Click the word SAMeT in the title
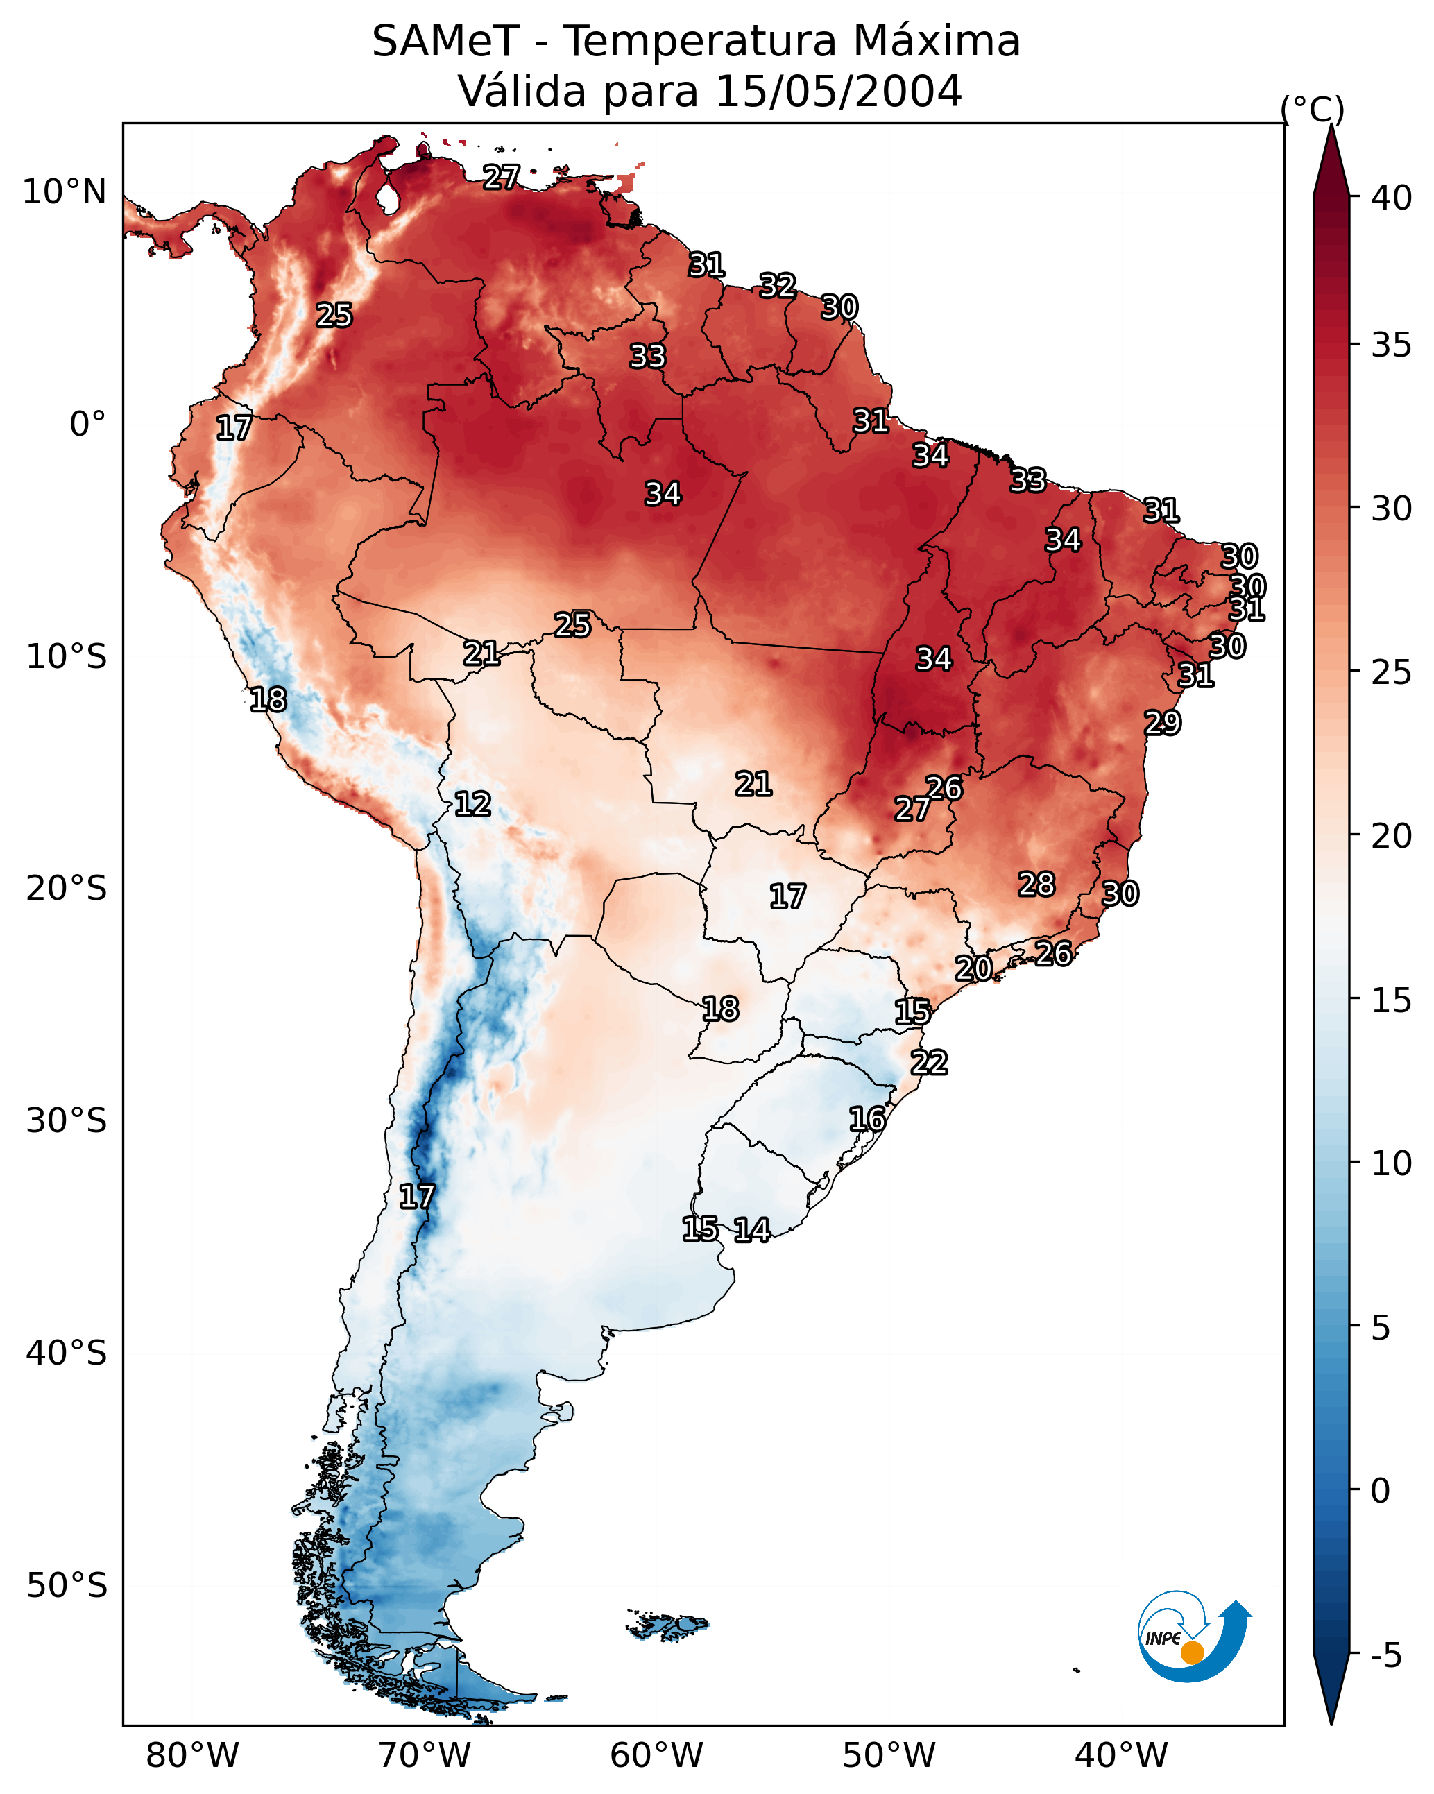445,42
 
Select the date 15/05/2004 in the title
838,92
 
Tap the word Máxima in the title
937,42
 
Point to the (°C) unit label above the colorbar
1313,109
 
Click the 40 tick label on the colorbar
1392,198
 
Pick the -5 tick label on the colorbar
1387,1656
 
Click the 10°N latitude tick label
64,192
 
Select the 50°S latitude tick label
67,1586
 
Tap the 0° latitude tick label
88,425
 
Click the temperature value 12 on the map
472,804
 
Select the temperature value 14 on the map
751,1230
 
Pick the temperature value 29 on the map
1162,722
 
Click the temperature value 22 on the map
929,1063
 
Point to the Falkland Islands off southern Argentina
667,1625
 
